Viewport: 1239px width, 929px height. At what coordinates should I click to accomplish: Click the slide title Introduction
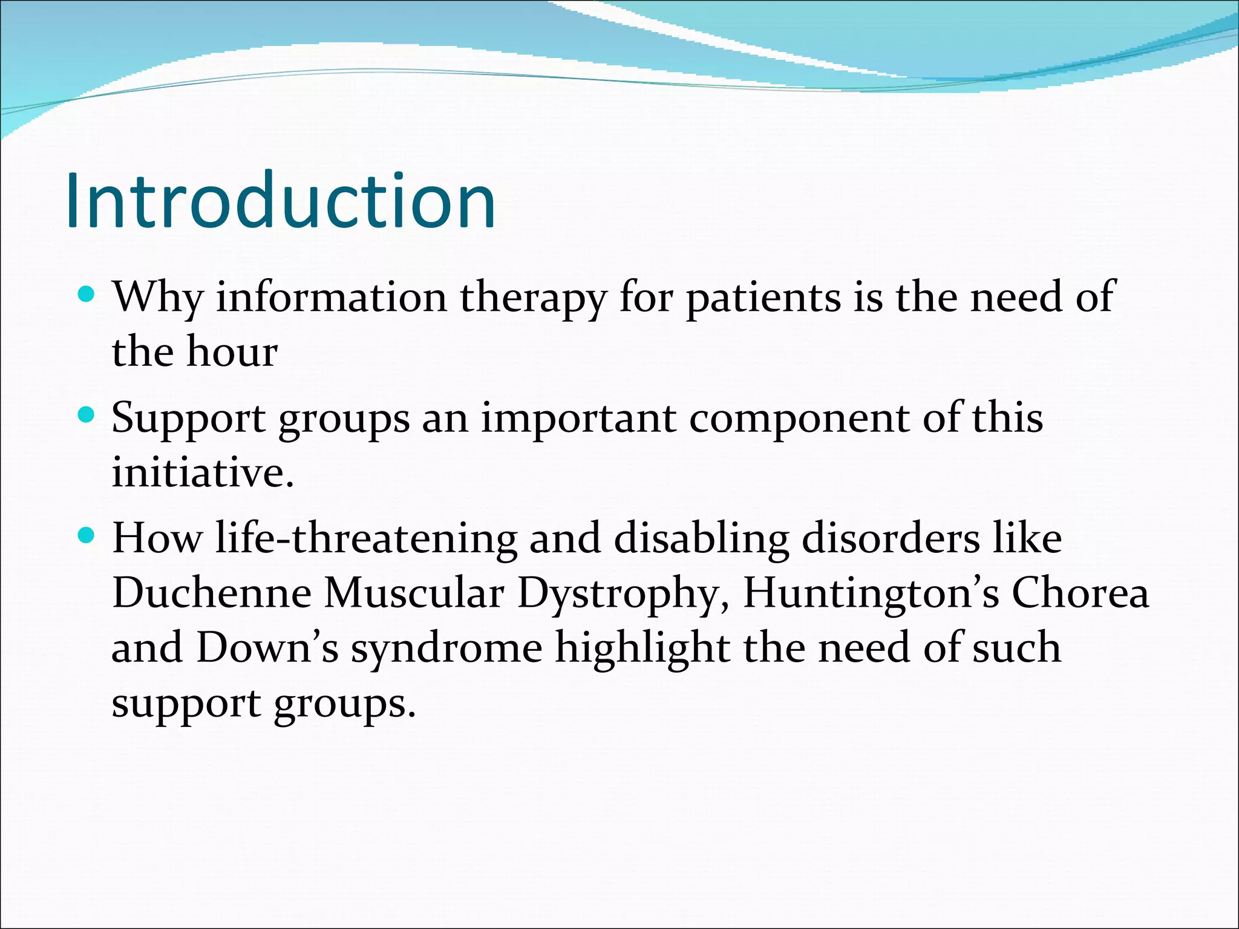click(x=281, y=201)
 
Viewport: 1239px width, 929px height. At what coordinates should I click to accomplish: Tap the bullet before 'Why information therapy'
click(x=87, y=295)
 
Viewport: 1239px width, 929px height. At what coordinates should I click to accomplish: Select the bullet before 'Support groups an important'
click(x=87, y=416)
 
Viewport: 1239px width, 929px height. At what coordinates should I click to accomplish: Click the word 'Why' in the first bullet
click(x=158, y=298)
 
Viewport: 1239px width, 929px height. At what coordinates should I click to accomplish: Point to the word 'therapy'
click(x=533, y=298)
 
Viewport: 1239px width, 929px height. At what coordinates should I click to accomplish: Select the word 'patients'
click(x=763, y=298)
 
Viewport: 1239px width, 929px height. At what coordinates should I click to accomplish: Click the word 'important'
click(x=578, y=418)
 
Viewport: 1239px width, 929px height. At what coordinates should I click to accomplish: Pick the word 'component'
click(x=799, y=418)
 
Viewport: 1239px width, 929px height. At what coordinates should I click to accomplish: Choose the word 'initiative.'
click(x=203, y=472)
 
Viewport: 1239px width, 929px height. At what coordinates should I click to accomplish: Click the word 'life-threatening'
click(x=366, y=538)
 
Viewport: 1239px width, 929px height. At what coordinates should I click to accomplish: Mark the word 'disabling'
click(x=701, y=538)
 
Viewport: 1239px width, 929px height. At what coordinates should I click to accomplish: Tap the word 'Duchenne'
click(x=212, y=593)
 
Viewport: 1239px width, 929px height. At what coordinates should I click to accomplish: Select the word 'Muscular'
click(x=414, y=593)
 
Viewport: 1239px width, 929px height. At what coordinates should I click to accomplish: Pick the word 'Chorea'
click(x=1080, y=593)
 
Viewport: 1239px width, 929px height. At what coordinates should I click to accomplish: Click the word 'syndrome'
click(x=446, y=648)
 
